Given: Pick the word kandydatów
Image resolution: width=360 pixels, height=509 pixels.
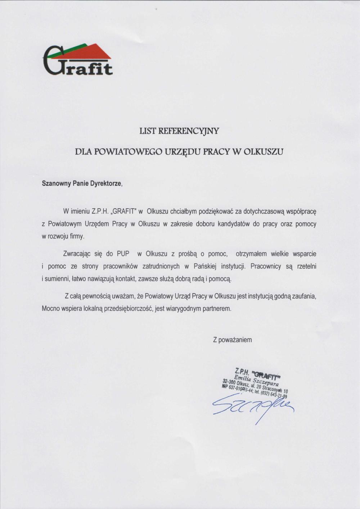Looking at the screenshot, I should tap(234, 224).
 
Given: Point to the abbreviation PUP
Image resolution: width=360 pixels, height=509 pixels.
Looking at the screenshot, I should tap(123, 254).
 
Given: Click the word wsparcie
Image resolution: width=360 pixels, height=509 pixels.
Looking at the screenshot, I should tap(304, 254).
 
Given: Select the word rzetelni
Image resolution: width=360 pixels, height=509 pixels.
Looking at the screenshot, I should tap(306, 267).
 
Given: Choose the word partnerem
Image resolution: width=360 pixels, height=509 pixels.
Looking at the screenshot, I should tap(217, 309).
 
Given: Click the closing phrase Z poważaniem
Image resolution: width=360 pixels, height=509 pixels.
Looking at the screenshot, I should tap(232, 340).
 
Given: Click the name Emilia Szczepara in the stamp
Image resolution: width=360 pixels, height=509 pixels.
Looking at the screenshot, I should tap(258, 380).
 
